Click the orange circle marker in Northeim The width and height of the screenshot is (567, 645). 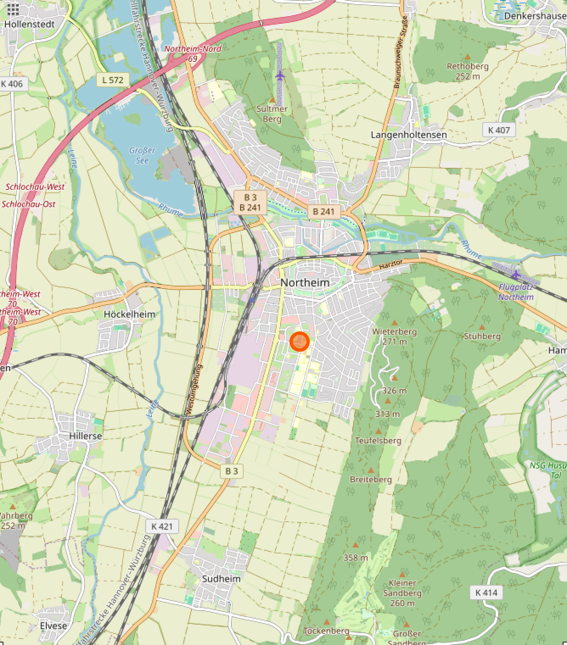[x=299, y=342]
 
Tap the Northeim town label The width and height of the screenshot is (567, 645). [x=305, y=283]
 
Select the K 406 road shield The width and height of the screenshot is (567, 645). [x=12, y=83]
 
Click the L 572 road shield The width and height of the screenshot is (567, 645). [x=112, y=80]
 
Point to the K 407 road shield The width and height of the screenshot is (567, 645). [x=499, y=130]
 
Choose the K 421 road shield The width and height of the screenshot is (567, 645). [x=162, y=526]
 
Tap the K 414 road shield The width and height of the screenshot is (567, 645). [x=486, y=592]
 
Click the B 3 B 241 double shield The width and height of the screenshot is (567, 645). [x=250, y=202]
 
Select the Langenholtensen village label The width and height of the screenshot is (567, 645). [x=409, y=135]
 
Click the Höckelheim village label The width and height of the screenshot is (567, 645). [x=129, y=314]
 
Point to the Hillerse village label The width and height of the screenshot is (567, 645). [x=85, y=436]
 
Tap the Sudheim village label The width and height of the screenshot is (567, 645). [x=221, y=578]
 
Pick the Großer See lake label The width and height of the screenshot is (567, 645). [x=142, y=155]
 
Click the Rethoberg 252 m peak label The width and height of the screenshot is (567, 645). [x=467, y=71]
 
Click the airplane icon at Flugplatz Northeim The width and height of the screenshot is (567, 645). [x=516, y=275]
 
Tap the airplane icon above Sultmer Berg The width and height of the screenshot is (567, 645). [x=280, y=76]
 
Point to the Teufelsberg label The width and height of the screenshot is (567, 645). [x=378, y=440]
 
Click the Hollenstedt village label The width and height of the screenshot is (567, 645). [x=30, y=24]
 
